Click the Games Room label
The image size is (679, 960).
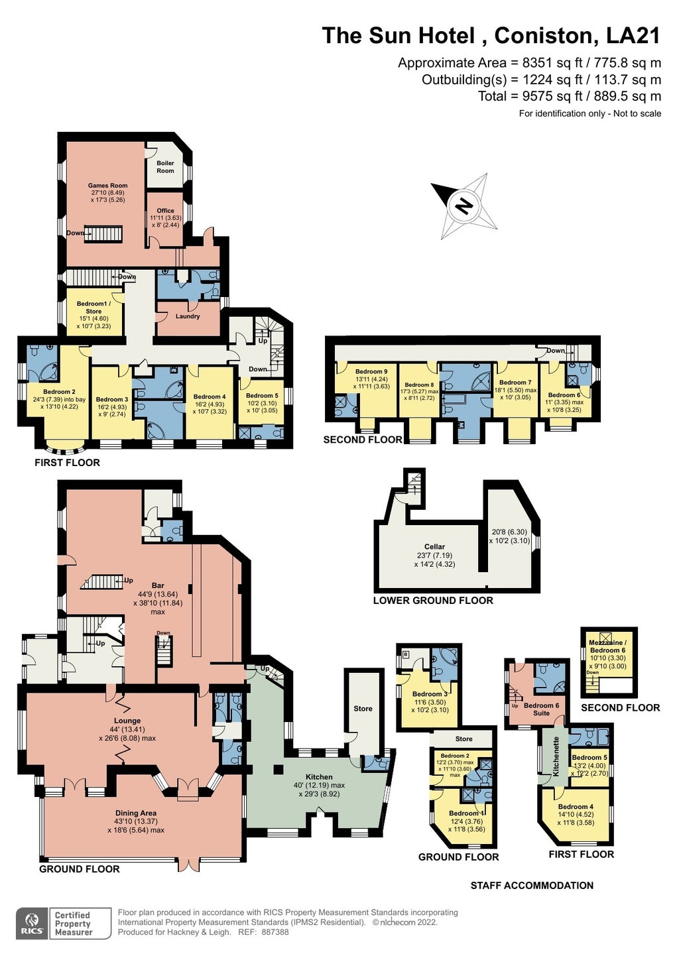107,186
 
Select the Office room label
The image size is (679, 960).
165,211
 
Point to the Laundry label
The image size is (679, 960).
188,316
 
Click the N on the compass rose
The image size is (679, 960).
464,205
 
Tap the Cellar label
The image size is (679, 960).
434,546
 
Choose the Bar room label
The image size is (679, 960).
158,585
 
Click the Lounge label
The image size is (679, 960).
127,721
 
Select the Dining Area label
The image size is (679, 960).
136,813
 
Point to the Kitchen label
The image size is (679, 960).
319,777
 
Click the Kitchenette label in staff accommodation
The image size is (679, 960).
556,756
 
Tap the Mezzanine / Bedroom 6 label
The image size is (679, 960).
607,646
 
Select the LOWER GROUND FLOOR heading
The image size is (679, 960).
433,601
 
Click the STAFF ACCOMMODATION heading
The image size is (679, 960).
532,886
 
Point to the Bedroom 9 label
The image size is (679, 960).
371,372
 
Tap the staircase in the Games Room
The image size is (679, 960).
104,234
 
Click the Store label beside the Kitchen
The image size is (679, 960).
363,709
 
